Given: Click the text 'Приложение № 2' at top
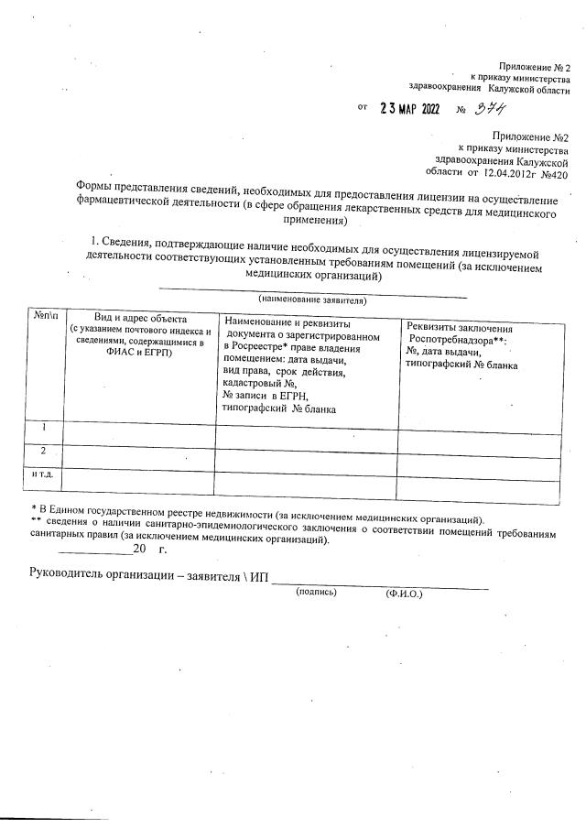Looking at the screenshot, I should (x=534, y=66).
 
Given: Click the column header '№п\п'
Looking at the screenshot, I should (x=44, y=316).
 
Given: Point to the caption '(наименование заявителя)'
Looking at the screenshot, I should (x=311, y=300).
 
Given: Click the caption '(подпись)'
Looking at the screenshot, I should (x=315, y=594).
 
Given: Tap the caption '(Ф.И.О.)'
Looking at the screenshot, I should (x=404, y=594).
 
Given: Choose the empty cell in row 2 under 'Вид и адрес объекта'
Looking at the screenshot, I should (x=137, y=455).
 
